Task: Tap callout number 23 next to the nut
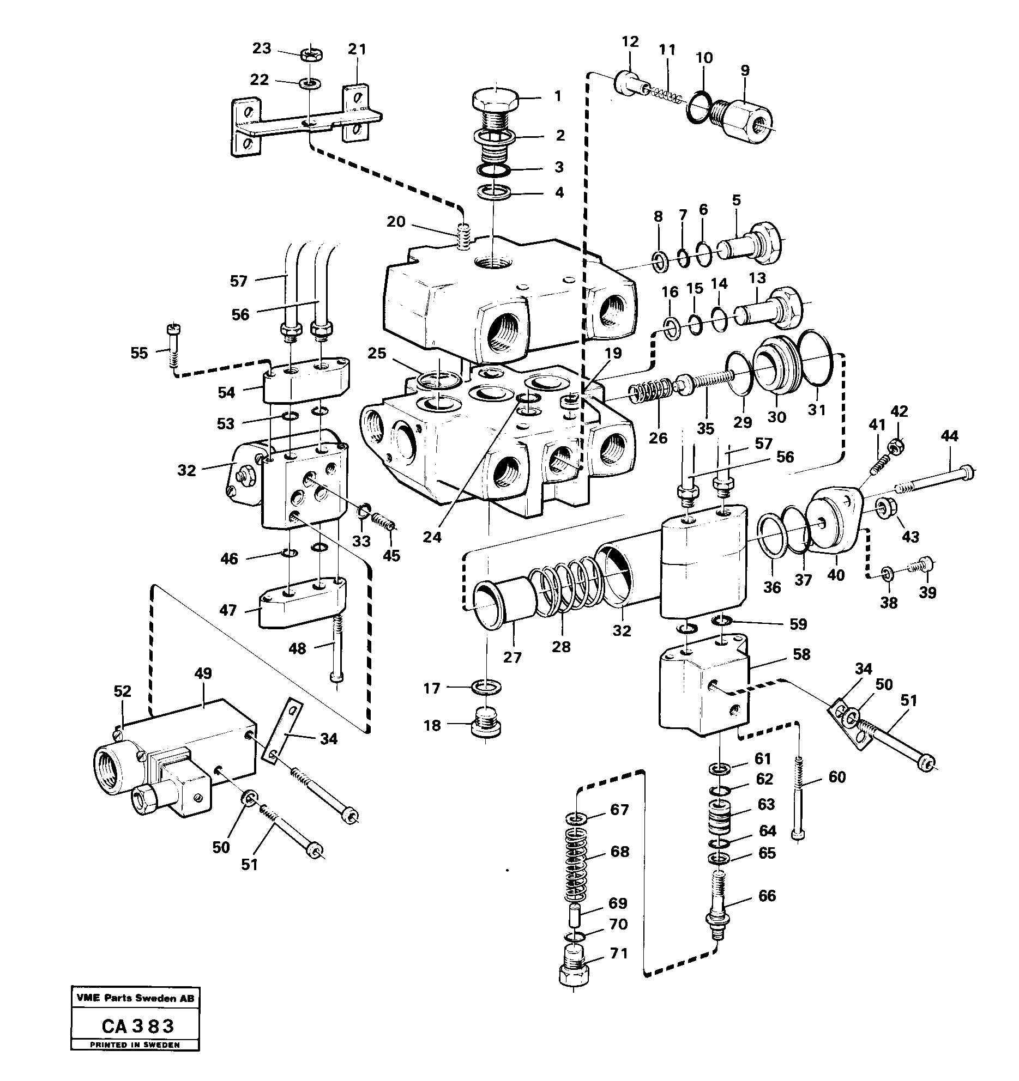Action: [262, 48]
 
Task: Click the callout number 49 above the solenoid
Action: [203, 675]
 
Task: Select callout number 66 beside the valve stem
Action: [767, 896]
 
